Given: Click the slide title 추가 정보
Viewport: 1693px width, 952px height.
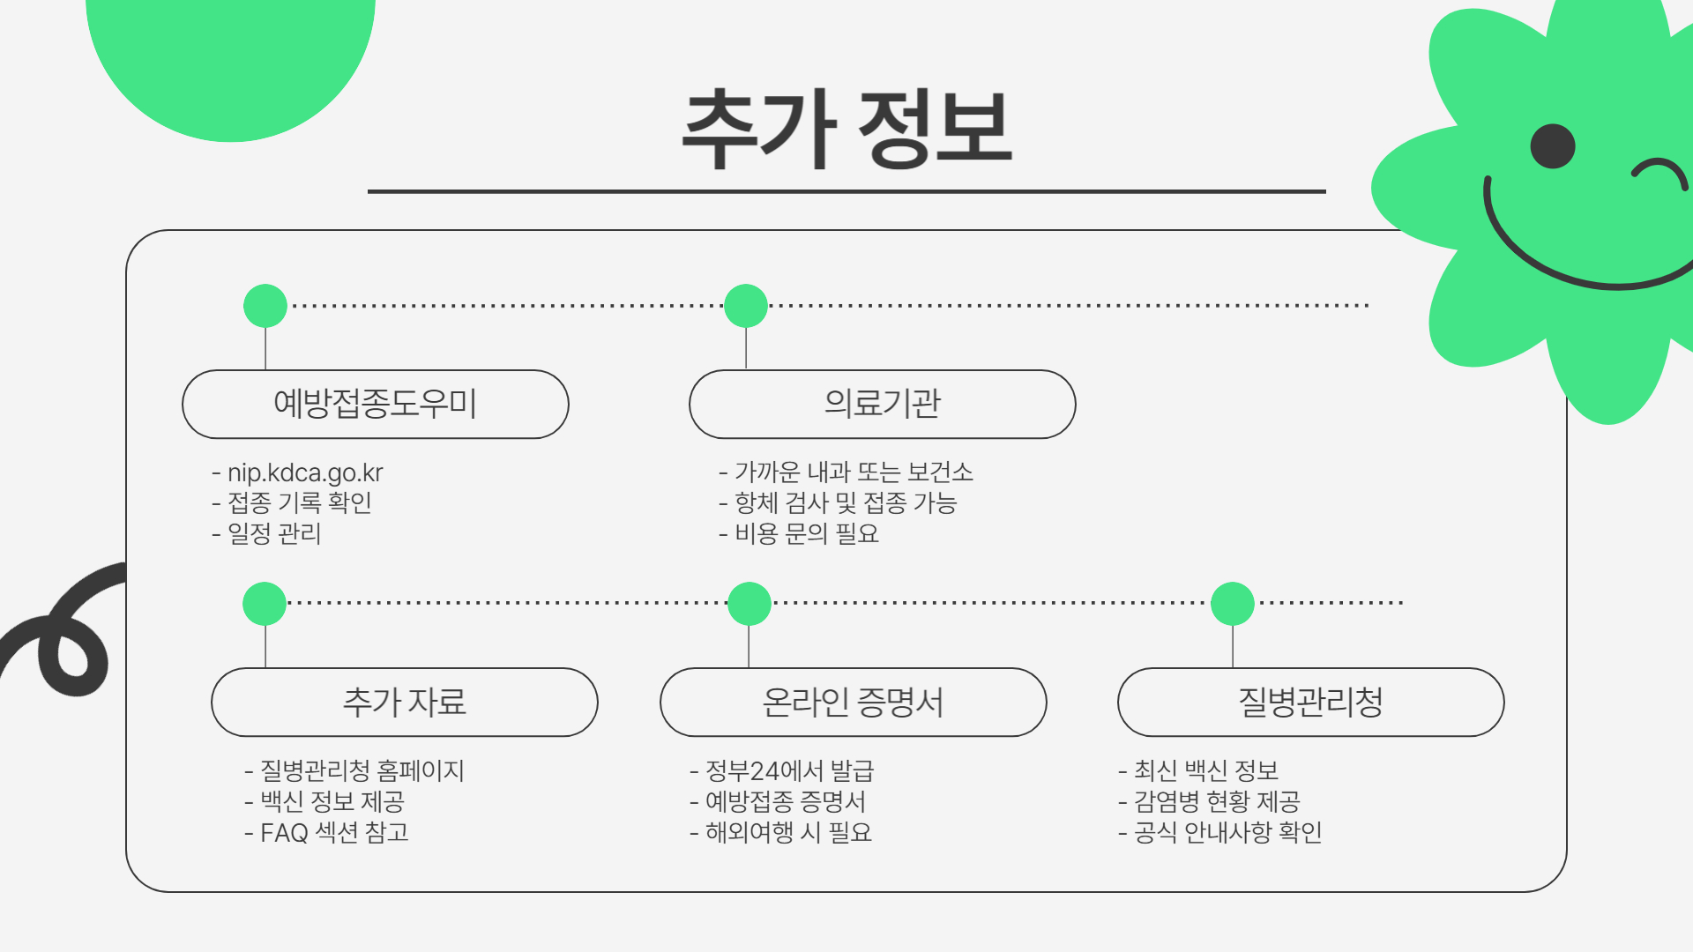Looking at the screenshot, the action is [x=846, y=128].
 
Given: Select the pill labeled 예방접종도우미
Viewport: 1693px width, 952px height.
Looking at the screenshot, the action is [x=375, y=404].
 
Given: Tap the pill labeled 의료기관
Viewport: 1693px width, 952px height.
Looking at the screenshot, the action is [x=882, y=404].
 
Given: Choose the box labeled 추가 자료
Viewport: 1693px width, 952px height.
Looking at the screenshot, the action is [x=404, y=702].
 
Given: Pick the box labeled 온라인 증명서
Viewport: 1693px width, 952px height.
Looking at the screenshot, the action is [x=853, y=702].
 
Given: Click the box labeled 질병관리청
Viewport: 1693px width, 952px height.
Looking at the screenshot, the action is [x=1310, y=702].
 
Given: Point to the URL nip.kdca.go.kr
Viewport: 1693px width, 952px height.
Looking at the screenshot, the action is [x=305, y=472].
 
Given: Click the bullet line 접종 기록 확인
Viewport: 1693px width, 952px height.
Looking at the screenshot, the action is [x=299, y=502].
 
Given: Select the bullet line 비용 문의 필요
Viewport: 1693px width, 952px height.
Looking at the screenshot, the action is [x=806, y=533].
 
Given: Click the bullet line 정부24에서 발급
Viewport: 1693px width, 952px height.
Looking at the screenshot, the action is [x=789, y=771].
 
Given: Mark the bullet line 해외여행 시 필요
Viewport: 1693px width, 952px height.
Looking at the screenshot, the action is [x=787, y=832].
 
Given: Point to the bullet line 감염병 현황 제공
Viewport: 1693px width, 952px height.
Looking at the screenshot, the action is [x=1216, y=801].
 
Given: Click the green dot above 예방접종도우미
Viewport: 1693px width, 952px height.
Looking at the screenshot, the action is [x=265, y=306].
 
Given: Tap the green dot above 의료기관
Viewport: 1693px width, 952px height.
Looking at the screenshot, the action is [x=746, y=306].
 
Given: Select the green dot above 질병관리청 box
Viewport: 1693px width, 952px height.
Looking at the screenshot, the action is [x=1233, y=604].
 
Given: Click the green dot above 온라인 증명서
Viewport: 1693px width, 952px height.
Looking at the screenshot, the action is [x=750, y=604].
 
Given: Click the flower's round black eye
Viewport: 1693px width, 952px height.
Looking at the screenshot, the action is [x=1553, y=146].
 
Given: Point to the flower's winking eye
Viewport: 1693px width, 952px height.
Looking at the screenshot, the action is [x=1659, y=171].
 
